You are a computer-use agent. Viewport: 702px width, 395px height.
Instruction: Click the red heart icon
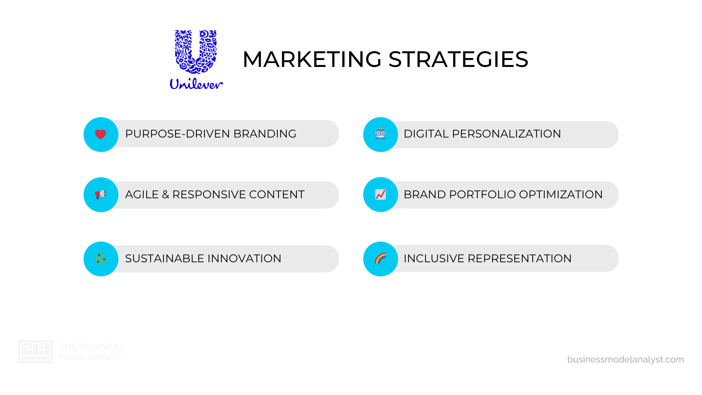click(101, 134)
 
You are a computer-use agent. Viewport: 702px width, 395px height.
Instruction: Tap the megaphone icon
click(101, 194)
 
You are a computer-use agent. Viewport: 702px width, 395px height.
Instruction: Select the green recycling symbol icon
click(101, 259)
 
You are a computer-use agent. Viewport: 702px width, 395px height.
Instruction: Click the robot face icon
click(380, 134)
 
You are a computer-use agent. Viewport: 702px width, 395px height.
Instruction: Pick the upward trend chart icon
click(380, 194)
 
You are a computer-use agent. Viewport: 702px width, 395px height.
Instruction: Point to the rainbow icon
click(380, 259)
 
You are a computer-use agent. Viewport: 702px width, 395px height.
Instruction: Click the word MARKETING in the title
click(312, 59)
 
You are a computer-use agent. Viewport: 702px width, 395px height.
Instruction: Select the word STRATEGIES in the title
click(458, 59)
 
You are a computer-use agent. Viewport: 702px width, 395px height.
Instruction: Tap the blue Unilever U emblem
click(196, 52)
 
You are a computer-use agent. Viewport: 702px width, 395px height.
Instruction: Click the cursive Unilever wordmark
click(196, 84)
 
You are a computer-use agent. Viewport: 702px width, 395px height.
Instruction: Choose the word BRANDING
click(265, 134)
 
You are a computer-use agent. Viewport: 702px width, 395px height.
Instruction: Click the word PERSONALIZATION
click(506, 134)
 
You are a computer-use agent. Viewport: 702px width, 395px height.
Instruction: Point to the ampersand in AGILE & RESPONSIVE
click(166, 195)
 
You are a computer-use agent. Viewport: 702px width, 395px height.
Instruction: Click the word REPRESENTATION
click(520, 259)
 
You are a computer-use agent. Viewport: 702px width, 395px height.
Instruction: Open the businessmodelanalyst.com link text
click(625, 360)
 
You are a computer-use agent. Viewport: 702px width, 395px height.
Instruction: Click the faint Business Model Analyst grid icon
click(35, 351)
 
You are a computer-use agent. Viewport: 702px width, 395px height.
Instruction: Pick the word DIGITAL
click(426, 134)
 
